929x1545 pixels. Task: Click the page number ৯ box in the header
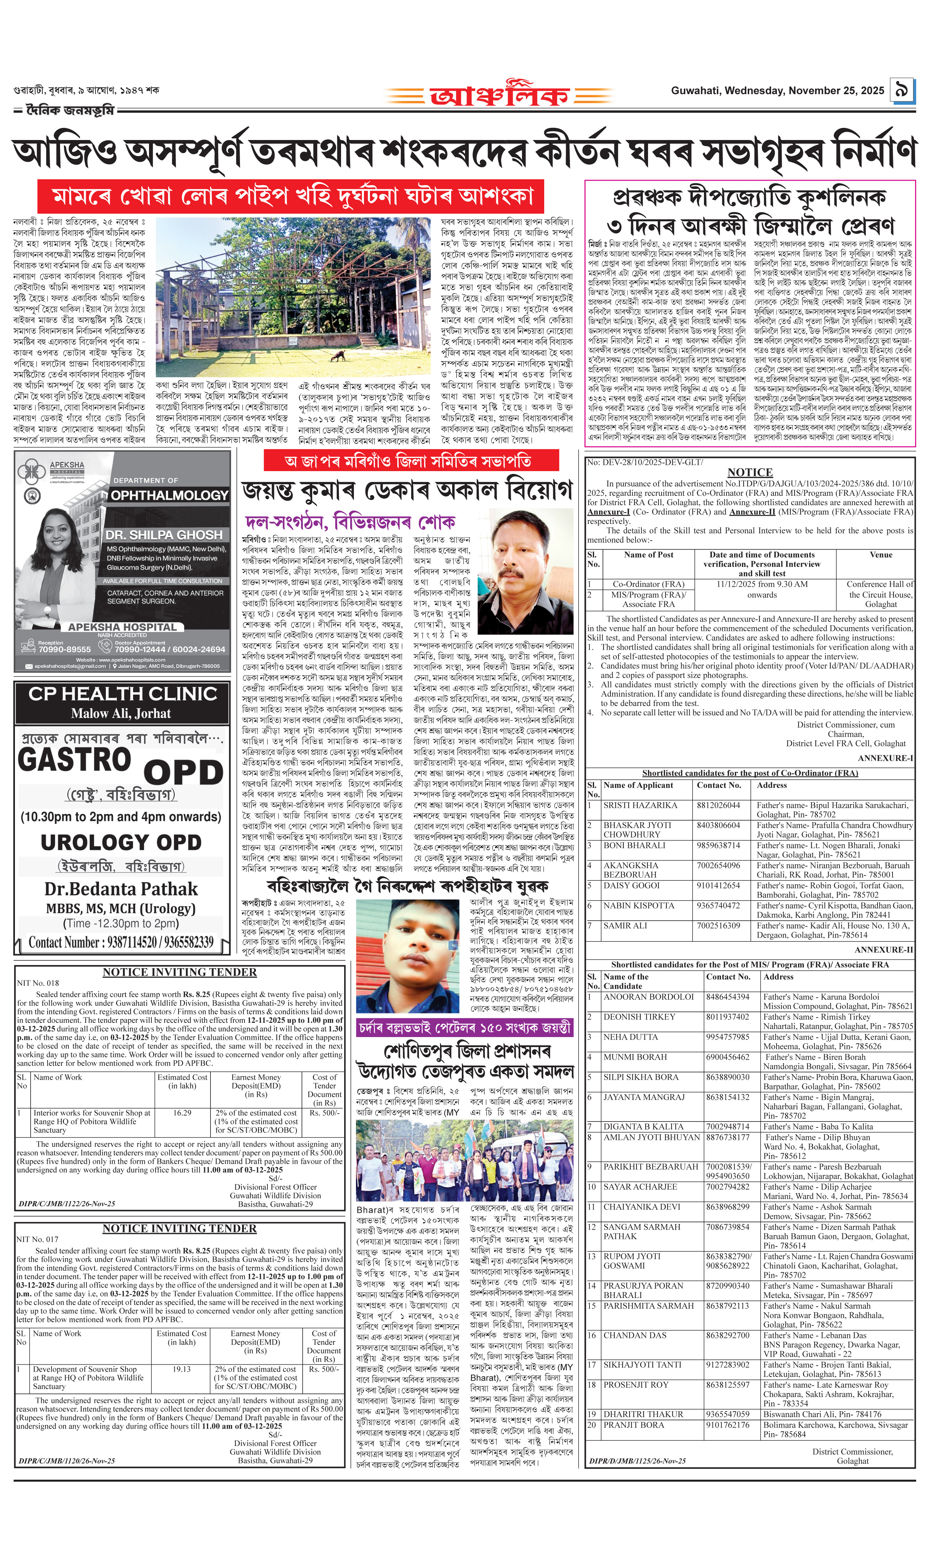coord(902,90)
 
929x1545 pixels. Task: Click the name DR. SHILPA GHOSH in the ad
coord(164,535)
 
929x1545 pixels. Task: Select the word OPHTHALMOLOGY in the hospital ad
coord(169,495)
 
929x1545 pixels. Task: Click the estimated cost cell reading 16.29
coord(182,1113)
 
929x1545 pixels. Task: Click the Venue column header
coord(881,555)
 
